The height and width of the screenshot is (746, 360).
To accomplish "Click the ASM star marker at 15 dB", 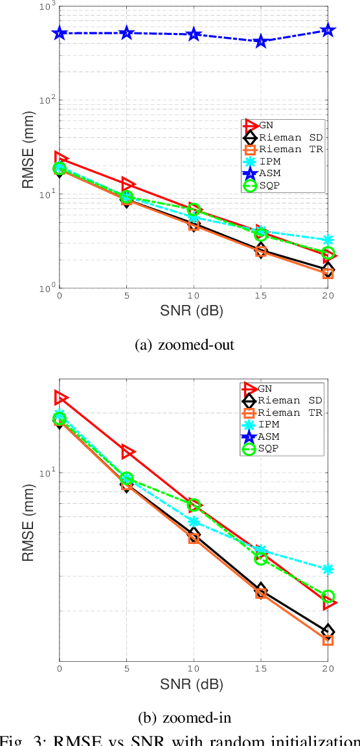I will (261, 41).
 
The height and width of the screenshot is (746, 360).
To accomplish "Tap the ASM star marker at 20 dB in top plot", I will (328, 30).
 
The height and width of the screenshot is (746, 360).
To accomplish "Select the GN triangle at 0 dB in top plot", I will (60, 158).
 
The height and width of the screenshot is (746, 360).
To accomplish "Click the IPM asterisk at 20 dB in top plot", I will (328, 240).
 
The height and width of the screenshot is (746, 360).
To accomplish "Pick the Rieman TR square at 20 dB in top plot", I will (328, 273).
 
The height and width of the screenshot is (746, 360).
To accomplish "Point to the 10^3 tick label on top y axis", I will (47, 6).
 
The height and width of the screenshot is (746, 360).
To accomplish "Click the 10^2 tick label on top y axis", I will (47, 100).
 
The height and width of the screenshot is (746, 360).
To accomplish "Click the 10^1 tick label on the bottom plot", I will (47, 471).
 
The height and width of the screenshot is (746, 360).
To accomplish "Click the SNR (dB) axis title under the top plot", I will (194, 312).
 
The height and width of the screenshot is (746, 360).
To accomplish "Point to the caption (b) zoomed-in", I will (184, 718).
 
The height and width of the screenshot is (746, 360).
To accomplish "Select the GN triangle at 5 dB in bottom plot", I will (128, 452).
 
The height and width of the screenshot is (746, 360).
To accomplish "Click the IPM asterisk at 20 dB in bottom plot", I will (328, 569).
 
